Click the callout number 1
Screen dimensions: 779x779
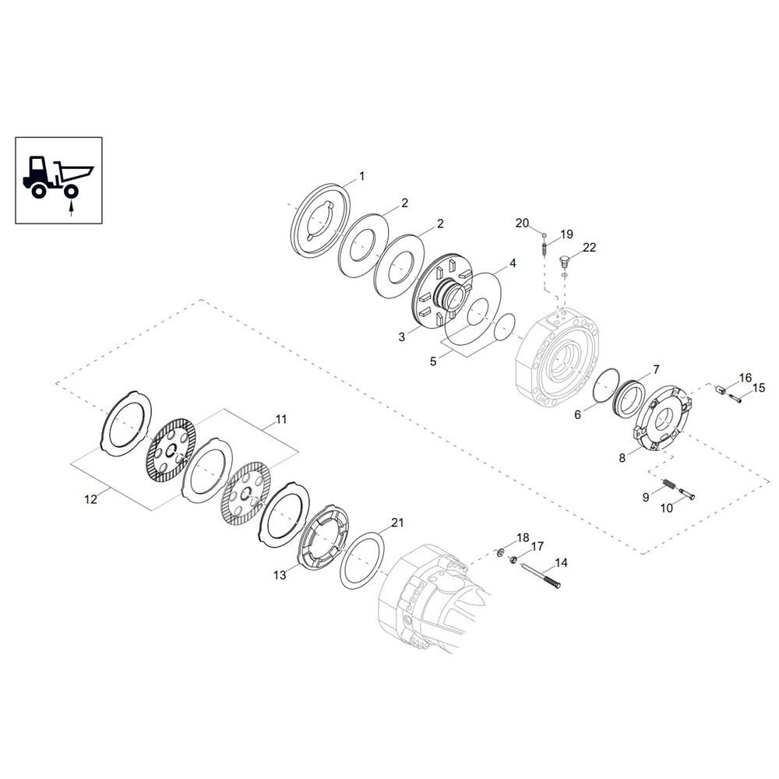point(361,176)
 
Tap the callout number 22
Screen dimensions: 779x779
point(589,247)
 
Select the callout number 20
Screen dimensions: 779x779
point(522,223)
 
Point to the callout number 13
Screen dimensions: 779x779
point(280,575)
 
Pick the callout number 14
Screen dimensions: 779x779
point(561,562)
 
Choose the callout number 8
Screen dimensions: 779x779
point(622,457)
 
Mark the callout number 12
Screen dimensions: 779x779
point(91,499)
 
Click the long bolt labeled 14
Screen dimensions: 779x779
point(540,576)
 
